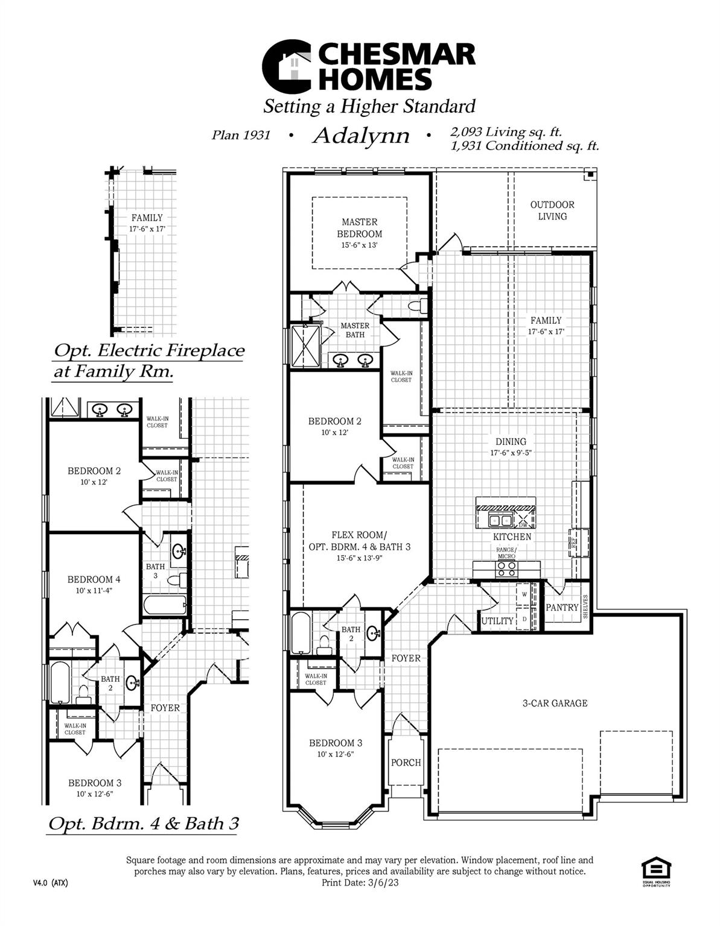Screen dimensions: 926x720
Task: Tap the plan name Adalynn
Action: (x=360, y=136)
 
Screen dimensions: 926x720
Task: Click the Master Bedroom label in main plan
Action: (x=359, y=228)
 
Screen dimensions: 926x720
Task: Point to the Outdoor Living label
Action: (x=552, y=210)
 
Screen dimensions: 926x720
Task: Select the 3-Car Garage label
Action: (x=555, y=703)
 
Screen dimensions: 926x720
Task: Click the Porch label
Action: (x=406, y=763)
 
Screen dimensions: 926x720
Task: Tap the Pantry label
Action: (x=562, y=608)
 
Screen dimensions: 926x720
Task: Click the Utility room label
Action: (x=497, y=621)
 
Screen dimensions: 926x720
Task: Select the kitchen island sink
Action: (x=501, y=520)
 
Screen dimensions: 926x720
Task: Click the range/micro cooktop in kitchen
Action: (x=506, y=566)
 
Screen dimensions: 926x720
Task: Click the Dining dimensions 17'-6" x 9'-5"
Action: (x=511, y=452)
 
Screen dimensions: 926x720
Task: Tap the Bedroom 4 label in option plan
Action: (x=94, y=579)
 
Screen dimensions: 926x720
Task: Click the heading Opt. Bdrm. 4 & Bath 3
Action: (x=143, y=824)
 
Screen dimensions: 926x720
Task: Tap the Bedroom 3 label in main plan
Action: (x=336, y=743)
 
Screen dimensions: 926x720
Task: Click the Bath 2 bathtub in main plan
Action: (x=301, y=633)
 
